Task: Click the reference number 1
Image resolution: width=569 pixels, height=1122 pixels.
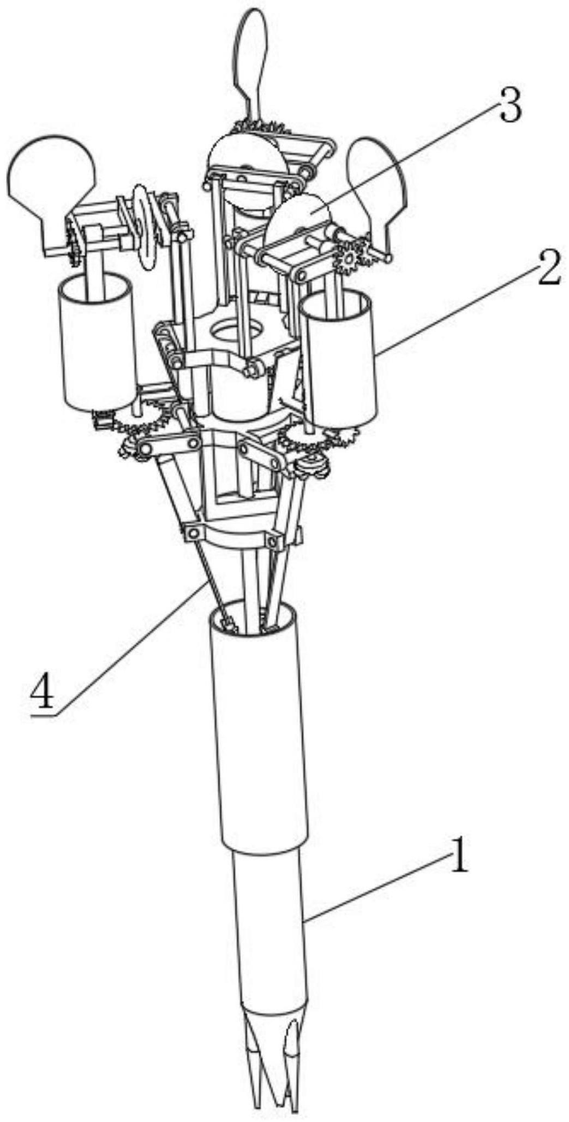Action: click(457, 858)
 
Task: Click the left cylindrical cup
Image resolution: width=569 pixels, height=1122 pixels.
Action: click(98, 344)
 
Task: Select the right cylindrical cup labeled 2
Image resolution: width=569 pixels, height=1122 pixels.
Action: click(339, 360)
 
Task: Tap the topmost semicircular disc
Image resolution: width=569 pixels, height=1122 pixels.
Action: click(245, 150)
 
